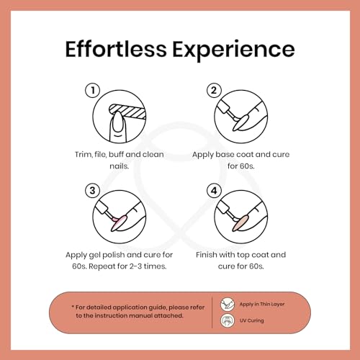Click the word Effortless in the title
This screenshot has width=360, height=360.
[x=116, y=49]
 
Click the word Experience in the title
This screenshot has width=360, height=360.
[x=233, y=51]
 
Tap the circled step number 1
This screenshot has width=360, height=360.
[x=93, y=90]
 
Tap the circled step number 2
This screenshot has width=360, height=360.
[x=214, y=90]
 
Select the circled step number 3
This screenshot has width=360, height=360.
[x=93, y=191]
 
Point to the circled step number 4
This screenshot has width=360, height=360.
[x=214, y=191]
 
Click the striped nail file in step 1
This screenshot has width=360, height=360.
[x=128, y=111]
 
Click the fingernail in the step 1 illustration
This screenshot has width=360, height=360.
[x=117, y=122]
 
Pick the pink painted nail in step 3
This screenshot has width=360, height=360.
[x=120, y=222]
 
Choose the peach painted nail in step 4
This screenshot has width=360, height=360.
[x=241, y=222]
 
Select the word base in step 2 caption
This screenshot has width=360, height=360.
[x=225, y=154]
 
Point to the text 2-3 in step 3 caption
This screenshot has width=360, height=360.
[x=135, y=266]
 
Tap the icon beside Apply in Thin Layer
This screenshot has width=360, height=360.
[x=228, y=305]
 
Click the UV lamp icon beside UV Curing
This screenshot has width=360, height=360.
[x=228, y=320]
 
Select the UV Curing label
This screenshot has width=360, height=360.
[x=251, y=320]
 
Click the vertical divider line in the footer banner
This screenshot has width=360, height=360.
[x=212, y=312]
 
